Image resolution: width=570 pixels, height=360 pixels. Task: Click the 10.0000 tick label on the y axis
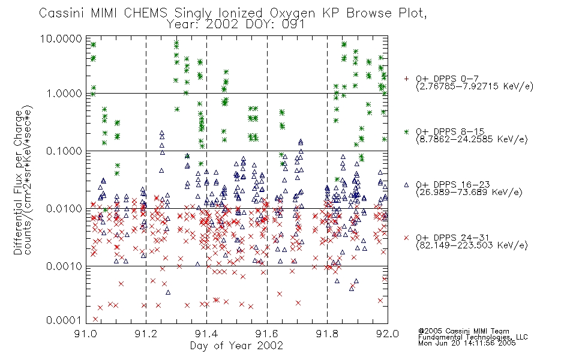pos(61,39)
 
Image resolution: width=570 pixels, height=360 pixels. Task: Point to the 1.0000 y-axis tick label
pos(64,94)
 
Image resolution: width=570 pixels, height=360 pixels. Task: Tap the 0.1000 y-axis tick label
pos(64,151)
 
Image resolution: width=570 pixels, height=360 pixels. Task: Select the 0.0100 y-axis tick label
pos(64,209)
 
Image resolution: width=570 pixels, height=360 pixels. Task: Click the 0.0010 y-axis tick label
pos(64,266)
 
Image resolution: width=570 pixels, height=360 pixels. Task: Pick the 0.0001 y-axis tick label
pos(64,320)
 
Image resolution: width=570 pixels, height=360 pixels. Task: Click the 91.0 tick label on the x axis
pos(86,334)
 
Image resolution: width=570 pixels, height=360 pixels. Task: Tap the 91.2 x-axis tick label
pos(146,334)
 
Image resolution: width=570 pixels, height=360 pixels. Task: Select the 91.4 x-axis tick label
pos(206,334)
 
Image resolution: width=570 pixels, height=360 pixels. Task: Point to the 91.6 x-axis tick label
pos(267,334)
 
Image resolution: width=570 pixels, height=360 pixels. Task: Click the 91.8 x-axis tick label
pos(327,334)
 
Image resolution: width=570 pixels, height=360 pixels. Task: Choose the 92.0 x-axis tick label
pos(388,334)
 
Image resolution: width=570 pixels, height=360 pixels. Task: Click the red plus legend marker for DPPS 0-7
pos(406,79)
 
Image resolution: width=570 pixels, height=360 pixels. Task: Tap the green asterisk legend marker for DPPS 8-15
pos(406,131)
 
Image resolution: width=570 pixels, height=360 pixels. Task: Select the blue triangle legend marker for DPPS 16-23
pos(406,185)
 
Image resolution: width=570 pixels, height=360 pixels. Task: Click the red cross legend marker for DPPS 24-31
pos(406,238)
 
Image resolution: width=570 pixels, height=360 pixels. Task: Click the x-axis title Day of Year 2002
pos(236,346)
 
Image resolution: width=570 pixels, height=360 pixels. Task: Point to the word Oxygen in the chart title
pos(292,13)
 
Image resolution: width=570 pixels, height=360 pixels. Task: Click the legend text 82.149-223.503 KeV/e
pos(472,245)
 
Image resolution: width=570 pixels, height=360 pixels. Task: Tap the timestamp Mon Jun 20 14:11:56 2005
pos(467,343)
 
